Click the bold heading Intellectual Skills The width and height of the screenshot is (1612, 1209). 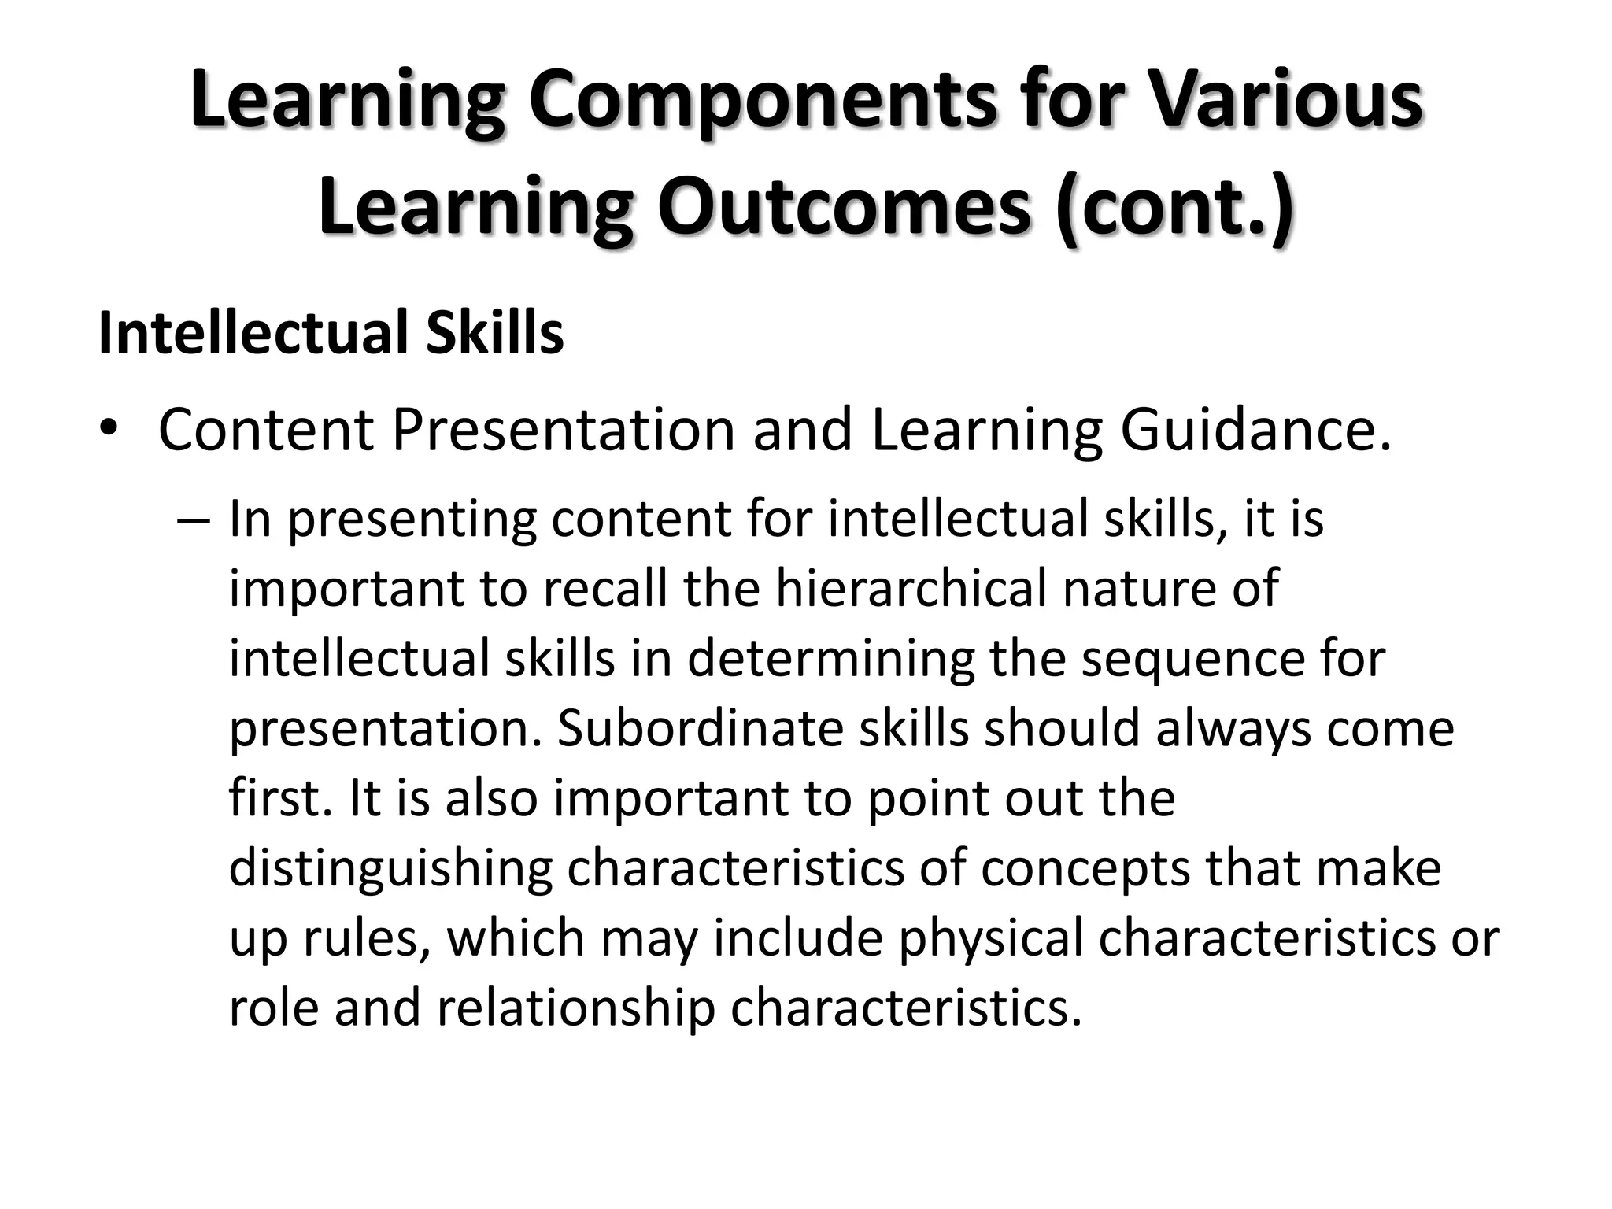(331, 333)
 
